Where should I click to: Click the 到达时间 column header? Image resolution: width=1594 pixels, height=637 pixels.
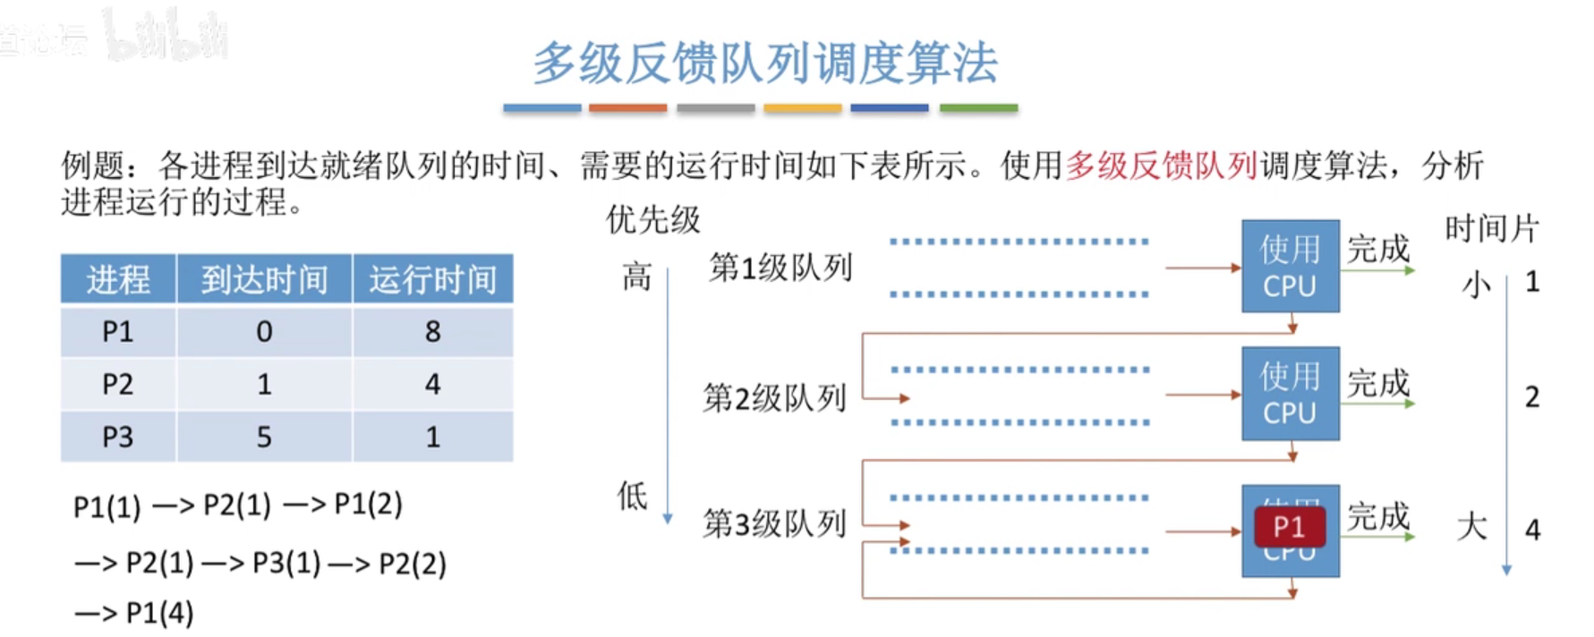[x=264, y=279]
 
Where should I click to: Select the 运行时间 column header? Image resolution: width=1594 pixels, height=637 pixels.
[x=432, y=279]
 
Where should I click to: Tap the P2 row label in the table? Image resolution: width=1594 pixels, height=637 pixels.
[x=117, y=384]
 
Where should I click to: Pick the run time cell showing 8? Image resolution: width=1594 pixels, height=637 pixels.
[x=432, y=332]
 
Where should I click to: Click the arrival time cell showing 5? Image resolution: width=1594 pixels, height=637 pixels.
[x=264, y=437]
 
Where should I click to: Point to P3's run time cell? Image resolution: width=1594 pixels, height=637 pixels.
[x=432, y=437]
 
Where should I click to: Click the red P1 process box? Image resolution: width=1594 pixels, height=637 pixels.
[x=1289, y=527]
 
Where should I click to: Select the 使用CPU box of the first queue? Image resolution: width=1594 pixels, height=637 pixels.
[x=1290, y=267]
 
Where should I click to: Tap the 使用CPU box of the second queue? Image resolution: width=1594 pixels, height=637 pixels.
[x=1290, y=394]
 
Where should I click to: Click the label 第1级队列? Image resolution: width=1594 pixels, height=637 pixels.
[x=780, y=267]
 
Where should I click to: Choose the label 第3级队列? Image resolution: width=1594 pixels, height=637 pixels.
[x=774, y=523]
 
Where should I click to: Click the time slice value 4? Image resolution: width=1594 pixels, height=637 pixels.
[x=1532, y=530]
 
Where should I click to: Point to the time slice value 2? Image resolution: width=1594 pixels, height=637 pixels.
[x=1532, y=396]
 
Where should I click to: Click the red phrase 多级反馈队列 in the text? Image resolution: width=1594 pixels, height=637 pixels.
[x=1161, y=166]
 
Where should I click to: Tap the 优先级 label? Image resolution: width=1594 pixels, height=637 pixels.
[x=653, y=219]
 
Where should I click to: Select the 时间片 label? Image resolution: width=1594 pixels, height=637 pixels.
[x=1491, y=228]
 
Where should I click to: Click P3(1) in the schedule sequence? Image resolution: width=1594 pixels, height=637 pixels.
[x=286, y=564]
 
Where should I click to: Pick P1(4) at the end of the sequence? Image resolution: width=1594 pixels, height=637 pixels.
[x=159, y=613]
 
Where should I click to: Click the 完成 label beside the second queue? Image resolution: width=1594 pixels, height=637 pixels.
[x=1378, y=383]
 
